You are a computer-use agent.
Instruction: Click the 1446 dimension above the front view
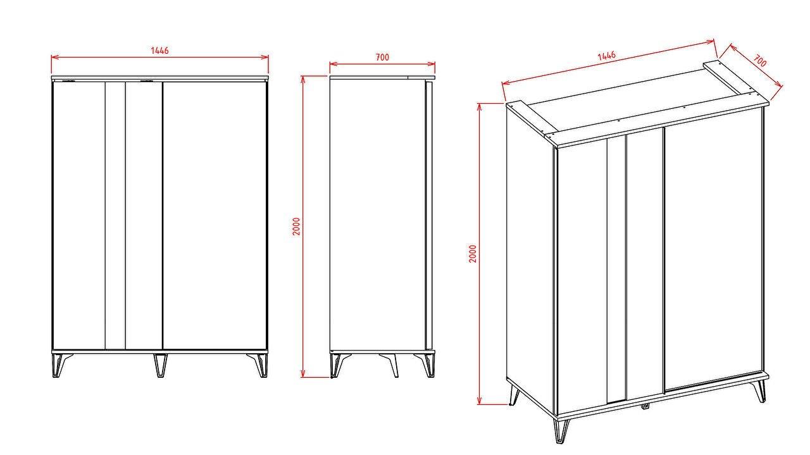pos(159,50)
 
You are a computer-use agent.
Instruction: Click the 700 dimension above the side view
pos(382,57)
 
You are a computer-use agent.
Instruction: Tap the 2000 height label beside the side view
pos(297,227)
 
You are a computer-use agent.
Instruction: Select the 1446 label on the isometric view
pos(606,56)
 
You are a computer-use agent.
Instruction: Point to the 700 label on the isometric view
pos(760,61)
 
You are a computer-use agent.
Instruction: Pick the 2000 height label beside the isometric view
pos(473,254)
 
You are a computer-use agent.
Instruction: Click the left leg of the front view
pos(61,365)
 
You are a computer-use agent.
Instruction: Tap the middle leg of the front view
pos(160,365)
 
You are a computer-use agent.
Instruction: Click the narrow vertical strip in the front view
pos(115,216)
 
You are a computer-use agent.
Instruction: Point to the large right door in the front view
pos(215,216)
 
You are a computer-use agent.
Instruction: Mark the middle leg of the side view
pos(389,365)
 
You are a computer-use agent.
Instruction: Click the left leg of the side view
pos(338,365)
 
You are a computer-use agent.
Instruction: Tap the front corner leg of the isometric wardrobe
pos(561,430)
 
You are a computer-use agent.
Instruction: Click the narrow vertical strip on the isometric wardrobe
pos(616,269)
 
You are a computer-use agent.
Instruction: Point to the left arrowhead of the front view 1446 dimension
pos(54,57)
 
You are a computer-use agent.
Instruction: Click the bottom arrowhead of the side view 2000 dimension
pos(303,373)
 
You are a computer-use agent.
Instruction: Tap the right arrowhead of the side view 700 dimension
pos(432,64)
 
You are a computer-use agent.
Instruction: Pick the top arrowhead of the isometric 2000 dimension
pos(480,107)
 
